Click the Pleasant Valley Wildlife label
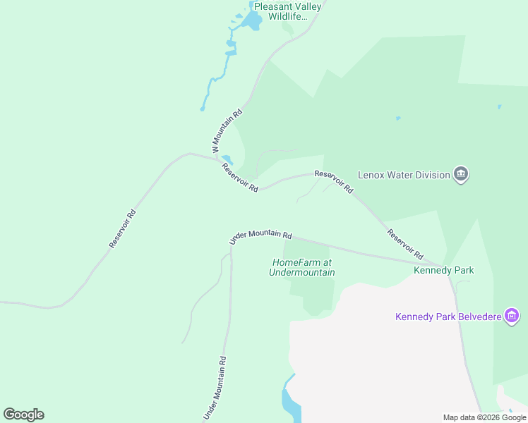[x=287, y=11]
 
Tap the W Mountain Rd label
[x=227, y=131]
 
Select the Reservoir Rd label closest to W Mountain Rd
[x=240, y=178]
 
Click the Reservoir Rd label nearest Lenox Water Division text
[x=334, y=183]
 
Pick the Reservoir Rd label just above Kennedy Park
[x=404, y=244]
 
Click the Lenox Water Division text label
[x=404, y=174]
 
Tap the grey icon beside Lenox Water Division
[x=461, y=173]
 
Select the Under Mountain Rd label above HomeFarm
[x=260, y=237]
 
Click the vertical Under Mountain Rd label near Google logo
[x=215, y=387]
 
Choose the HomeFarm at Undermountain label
[x=302, y=267]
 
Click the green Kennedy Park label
[x=443, y=270]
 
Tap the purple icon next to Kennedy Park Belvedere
[x=513, y=316]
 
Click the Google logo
[x=23, y=415]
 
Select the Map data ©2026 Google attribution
[x=484, y=417]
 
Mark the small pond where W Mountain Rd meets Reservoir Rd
[x=227, y=159]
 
